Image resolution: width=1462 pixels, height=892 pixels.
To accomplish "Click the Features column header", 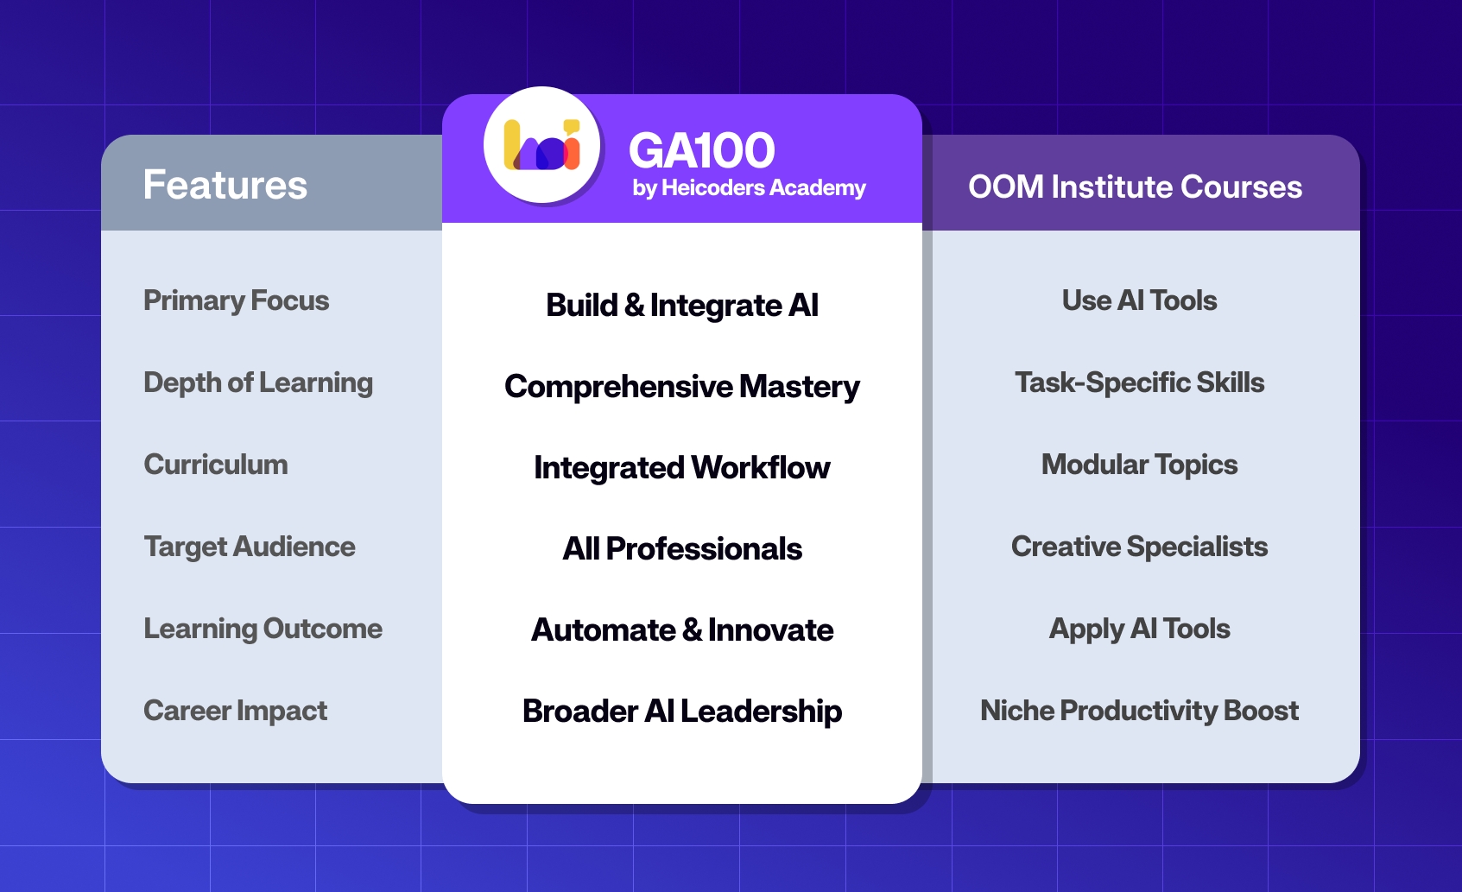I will [225, 185].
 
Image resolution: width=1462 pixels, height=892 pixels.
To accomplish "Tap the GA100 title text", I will [701, 151].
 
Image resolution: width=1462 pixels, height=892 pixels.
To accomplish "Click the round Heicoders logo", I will [541, 145].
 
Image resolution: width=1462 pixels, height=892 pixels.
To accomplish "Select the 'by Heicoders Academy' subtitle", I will [748, 188].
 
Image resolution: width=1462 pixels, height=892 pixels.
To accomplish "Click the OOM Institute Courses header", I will [1135, 187].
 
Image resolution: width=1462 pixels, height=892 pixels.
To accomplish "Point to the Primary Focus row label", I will [236, 300].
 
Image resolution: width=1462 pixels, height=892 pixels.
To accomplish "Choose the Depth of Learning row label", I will [258, 383].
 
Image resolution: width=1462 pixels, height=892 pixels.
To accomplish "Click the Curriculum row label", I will [216, 465].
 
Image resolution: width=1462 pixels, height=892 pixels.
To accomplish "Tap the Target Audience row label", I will [250, 547].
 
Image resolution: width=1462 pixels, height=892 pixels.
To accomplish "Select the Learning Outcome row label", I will [263, 629].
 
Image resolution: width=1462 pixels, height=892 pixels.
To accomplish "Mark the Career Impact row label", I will [235, 711].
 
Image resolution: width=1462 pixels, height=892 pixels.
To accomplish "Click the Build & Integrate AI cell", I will [682, 306].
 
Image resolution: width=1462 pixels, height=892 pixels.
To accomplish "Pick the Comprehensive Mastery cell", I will [682, 387].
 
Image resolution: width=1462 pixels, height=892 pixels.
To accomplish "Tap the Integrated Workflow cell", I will [682, 468].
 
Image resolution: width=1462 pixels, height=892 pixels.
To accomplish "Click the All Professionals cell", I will [682, 549].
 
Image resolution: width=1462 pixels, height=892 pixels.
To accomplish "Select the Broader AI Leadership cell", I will [682, 712].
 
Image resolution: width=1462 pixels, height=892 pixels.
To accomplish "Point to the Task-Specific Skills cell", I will [1139, 383].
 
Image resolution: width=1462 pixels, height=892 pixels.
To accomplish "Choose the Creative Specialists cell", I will [1139, 547].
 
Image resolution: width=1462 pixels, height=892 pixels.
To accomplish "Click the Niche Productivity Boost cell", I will [1139, 711].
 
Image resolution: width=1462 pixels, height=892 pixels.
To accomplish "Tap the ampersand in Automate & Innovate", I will [692, 630].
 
